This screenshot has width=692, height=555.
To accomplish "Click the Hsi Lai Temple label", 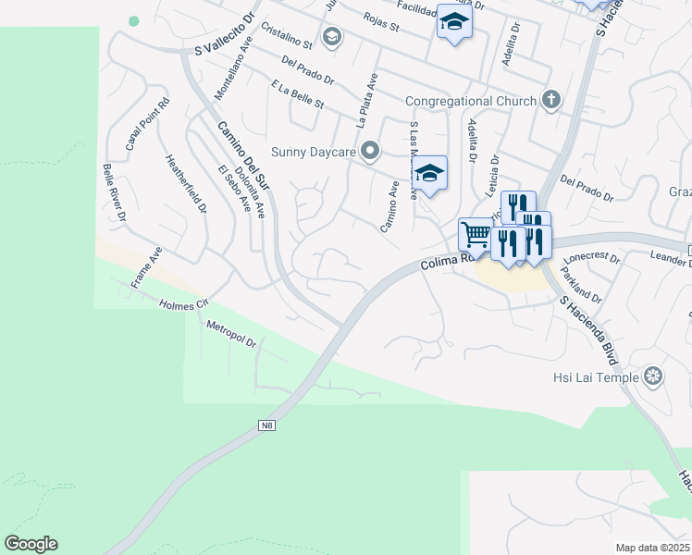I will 597,376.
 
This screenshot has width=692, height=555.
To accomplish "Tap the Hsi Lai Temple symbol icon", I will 653,376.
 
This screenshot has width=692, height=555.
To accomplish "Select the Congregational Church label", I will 471,101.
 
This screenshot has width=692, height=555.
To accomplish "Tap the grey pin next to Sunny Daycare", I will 370,150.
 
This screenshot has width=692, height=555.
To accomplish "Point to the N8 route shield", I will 266,425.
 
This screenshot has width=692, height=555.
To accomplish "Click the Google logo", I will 31,544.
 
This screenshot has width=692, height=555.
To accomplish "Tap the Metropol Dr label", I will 230,334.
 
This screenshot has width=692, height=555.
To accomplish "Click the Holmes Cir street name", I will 185,303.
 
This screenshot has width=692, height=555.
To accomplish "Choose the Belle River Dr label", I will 115,193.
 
